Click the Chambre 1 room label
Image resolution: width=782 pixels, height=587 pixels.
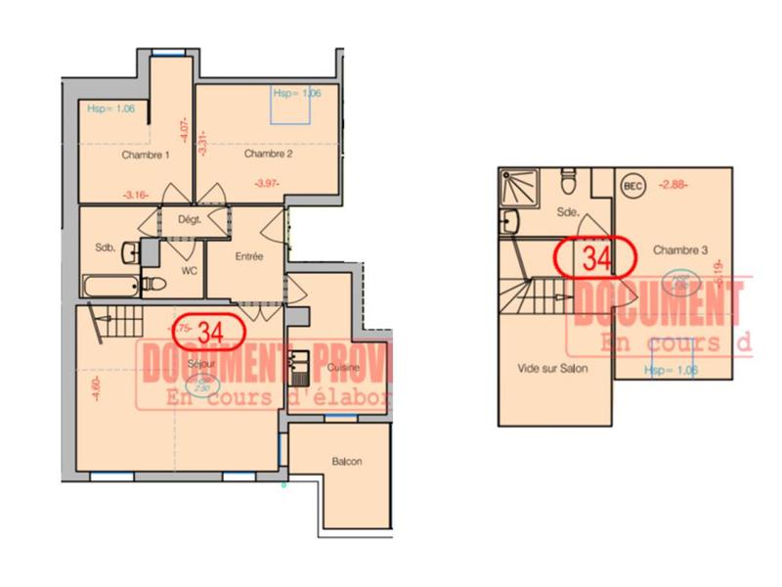[146, 156]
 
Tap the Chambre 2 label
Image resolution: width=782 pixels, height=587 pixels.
[269, 154]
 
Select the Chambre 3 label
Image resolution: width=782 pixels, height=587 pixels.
[680, 249]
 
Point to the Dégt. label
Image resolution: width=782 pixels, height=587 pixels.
[189, 220]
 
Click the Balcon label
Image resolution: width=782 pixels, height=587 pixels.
[347, 461]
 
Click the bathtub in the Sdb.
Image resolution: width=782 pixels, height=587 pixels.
[110, 288]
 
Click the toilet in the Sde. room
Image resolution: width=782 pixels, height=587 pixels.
[569, 181]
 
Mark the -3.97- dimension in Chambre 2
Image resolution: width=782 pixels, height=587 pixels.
[265, 184]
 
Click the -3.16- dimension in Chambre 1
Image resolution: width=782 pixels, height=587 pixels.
[136, 195]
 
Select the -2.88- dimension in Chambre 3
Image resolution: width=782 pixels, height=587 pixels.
[673, 183]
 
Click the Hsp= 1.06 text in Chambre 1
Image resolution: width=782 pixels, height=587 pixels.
[110, 109]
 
